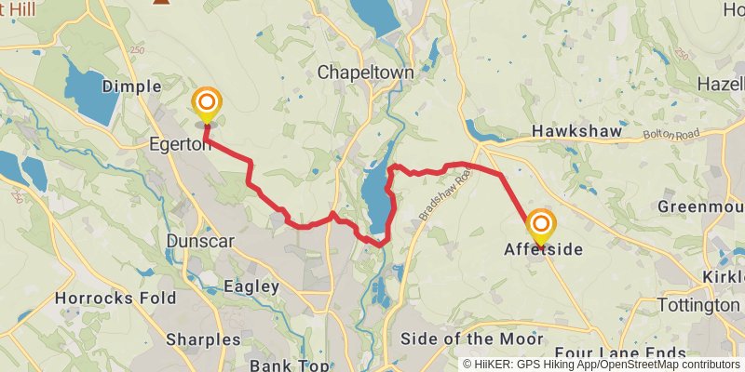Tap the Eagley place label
(x=251, y=286)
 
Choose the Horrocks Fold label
(x=115, y=299)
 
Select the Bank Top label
(x=289, y=365)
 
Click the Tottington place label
(x=698, y=305)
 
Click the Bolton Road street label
(x=669, y=136)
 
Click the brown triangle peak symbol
(x=162, y=3)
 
